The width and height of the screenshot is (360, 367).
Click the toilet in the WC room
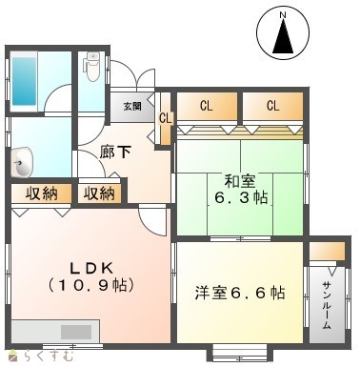click(x=91, y=66)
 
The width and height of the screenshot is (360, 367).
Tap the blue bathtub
click(x=24, y=81)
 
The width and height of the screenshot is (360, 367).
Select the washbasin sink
click(x=22, y=163)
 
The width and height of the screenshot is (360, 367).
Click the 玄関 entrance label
click(x=132, y=106)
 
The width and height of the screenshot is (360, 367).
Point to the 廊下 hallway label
click(x=115, y=153)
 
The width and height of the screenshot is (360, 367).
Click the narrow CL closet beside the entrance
click(x=166, y=118)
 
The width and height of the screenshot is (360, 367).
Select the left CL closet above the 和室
click(x=207, y=107)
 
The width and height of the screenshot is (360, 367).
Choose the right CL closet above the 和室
click(x=272, y=107)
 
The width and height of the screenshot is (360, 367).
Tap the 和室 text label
click(x=240, y=181)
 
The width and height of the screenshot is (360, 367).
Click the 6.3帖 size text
click(x=241, y=197)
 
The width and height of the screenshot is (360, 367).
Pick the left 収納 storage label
click(x=42, y=194)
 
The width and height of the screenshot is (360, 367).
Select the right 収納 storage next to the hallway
click(x=99, y=194)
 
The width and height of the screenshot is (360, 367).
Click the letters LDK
click(x=91, y=269)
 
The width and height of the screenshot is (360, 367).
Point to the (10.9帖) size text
click(x=91, y=285)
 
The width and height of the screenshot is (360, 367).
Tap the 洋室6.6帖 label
click(x=240, y=293)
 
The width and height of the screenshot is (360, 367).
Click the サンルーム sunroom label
click(x=327, y=305)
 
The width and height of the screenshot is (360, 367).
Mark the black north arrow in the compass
click(x=283, y=36)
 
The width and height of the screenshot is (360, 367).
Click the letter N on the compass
click(x=283, y=14)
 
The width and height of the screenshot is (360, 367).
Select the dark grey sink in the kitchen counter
click(x=76, y=332)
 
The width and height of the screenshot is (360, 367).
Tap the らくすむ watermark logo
click(x=42, y=356)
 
